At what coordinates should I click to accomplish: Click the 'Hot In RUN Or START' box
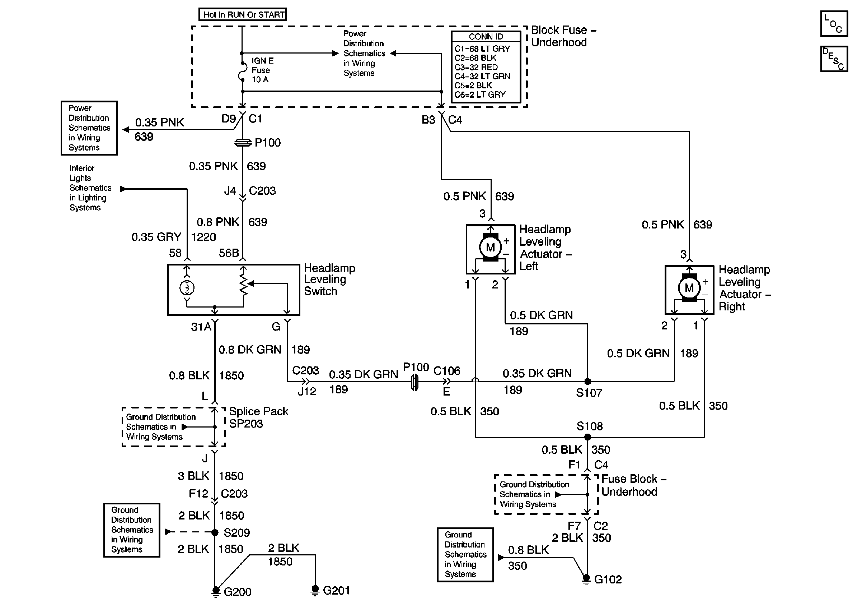coord(243,15)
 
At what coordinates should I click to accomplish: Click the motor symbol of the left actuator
coord(490,247)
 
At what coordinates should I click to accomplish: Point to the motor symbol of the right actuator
coord(689,288)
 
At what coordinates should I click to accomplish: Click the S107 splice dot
coord(587,382)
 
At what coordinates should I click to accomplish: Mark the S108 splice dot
coord(587,437)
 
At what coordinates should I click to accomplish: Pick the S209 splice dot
coord(215,532)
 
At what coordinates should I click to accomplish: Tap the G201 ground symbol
coord(315,590)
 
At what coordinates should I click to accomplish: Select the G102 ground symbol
coord(586,579)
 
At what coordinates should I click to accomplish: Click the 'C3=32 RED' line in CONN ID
coord(476,67)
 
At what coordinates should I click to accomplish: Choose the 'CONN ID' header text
coord(486,36)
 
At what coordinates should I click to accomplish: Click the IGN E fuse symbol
coord(242,71)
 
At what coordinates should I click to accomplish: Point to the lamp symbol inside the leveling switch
coord(187,288)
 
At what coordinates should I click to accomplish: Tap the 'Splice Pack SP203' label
coord(258,417)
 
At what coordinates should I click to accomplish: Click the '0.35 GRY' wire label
coord(156,237)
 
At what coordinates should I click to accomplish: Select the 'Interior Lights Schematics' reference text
coord(90,188)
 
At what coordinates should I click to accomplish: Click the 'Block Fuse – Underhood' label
coord(563,36)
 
